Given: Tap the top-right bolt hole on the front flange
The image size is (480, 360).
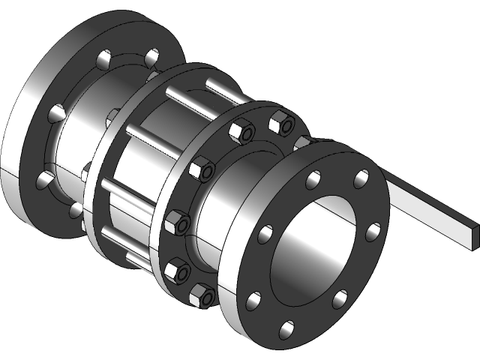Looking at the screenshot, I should [361, 178].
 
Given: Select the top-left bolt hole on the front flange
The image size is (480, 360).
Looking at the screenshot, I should [314, 179].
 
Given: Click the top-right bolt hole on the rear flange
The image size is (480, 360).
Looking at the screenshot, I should [152, 55].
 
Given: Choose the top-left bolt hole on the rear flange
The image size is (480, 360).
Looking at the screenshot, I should [102, 58].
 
